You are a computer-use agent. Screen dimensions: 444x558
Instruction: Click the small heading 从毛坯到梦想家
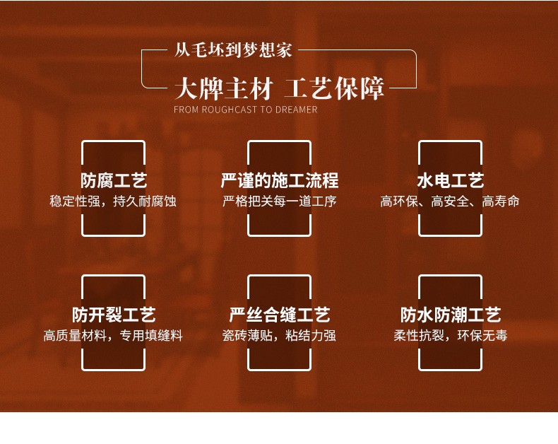[x=233, y=51]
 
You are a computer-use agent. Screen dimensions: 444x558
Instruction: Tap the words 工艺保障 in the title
[x=334, y=89]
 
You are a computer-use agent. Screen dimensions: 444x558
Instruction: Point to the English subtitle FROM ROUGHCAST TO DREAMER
[x=245, y=110]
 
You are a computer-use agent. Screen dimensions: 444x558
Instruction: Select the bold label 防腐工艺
[x=113, y=180]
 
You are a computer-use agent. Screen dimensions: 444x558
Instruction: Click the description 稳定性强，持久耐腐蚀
[x=113, y=201]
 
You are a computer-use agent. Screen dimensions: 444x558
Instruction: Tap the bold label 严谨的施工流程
[x=280, y=180]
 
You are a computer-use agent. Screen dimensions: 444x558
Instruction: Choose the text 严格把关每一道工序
[x=280, y=201]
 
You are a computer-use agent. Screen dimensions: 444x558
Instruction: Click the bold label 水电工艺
[x=450, y=180]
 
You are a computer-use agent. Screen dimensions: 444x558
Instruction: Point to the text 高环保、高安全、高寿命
[x=450, y=201]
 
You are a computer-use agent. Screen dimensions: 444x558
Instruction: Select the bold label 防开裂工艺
[x=113, y=315]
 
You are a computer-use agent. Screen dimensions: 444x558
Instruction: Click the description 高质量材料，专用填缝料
[x=113, y=336]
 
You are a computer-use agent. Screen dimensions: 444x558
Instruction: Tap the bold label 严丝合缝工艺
[x=280, y=315]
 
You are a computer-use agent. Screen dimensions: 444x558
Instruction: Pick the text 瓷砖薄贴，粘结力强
[x=280, y=336]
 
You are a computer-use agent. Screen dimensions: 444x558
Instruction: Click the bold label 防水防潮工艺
[x=450, y=315]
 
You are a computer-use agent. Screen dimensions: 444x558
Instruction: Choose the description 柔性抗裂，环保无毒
[x=450, y=336]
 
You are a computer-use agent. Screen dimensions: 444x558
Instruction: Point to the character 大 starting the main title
[x=185, y=90]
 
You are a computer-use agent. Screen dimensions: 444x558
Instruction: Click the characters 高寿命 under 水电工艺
[x=501, y=201]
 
